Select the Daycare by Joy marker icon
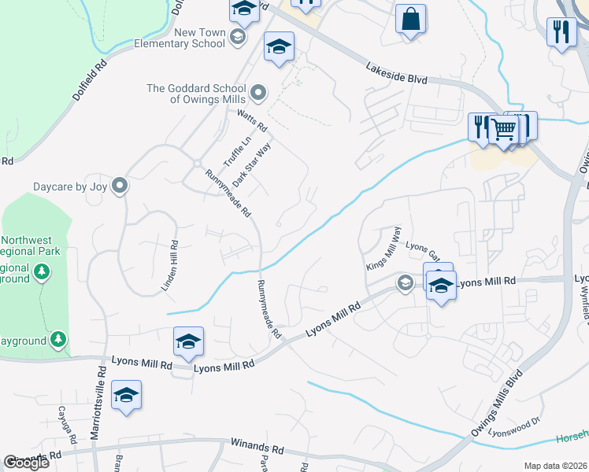point(120,186)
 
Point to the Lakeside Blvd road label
point(395,75)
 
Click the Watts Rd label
point(253,120)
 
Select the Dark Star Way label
point(257,159)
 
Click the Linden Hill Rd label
point(171,266)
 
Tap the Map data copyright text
point(556,466)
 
